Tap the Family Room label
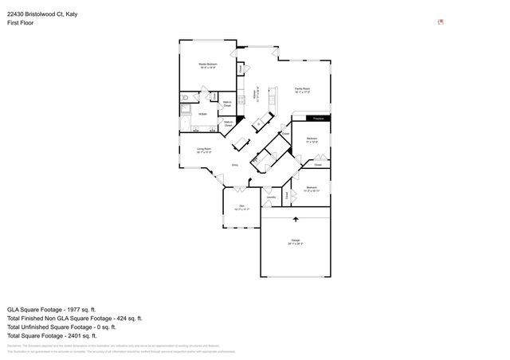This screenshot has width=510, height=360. pyautogui.click(x=302, y=90)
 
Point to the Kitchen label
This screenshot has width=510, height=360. pyautogui.click(x=255, y=95)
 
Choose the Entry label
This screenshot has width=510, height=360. pyautogui.click(x=235, y=165)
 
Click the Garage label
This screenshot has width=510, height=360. pyautogui.click(x=295, y=243)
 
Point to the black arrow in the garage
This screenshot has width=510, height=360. pyautogui.click(x=295, y=217)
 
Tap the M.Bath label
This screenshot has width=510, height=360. pyautogui.click(x=203, y=115)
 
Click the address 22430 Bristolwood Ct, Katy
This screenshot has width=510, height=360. pyautogui.click(x=43, y=14)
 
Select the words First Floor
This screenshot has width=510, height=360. pyautogui.click(x=22, y=23)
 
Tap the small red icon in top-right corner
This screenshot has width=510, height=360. pyautogui.click(x=441, y=22)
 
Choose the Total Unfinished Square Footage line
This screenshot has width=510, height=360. pyautogui.click(x=61, y=327)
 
